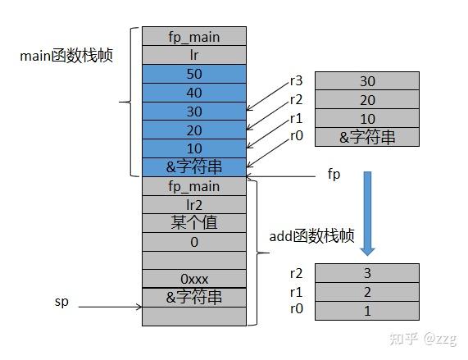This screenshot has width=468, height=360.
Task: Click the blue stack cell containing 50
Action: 194,74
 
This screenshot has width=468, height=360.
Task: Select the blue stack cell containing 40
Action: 194,92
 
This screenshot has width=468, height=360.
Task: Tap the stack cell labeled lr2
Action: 194,204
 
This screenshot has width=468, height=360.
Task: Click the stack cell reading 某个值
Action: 194,222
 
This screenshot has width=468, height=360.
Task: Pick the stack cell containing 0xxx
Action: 194,279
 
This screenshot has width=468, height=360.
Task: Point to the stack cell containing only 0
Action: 194,241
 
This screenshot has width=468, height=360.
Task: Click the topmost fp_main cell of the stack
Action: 194,36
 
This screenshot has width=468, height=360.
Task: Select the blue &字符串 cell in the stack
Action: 194,166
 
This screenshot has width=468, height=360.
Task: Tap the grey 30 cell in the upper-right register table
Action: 366,81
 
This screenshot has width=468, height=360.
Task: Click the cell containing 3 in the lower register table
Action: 366,273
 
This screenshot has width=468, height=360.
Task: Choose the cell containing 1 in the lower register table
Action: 366,311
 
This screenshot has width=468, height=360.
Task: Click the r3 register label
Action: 297,80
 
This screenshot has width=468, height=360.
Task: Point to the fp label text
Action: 334,175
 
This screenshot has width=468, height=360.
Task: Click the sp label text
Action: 61,303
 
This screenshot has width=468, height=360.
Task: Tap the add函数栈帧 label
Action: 311,236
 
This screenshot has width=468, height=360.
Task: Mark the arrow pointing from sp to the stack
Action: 111,308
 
